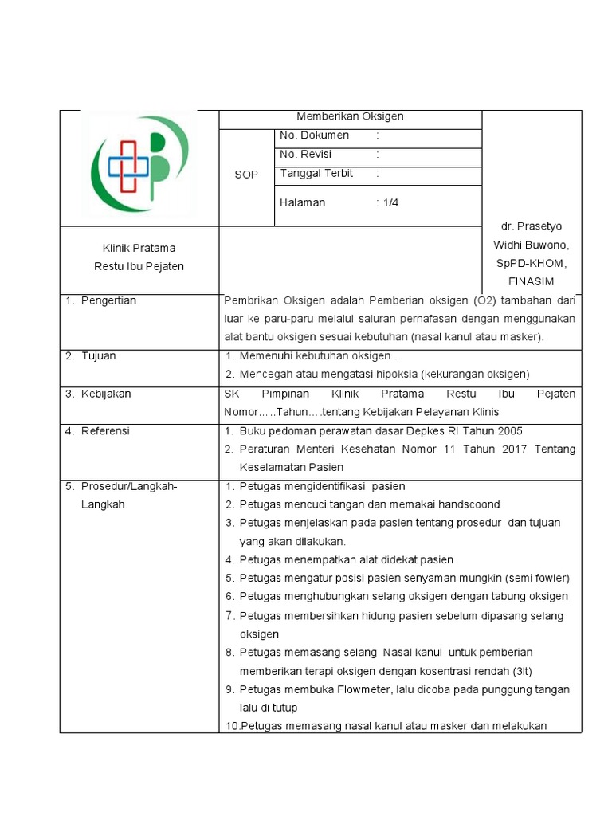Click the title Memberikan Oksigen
350,116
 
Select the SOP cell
246,175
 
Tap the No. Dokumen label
314,135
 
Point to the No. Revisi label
306,155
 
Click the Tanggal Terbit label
316,174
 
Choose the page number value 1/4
390,203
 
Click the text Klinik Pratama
139,248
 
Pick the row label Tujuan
98,356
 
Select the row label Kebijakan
106,394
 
